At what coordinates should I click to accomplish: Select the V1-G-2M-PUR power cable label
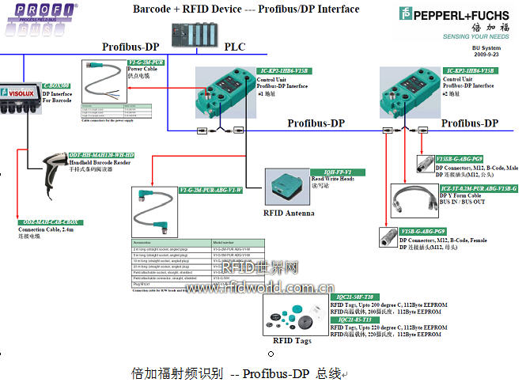(146, 61)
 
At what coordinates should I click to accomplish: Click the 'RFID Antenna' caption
(288, 213)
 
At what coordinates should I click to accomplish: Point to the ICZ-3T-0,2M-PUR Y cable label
(478, 188)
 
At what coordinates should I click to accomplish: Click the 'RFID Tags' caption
(293, 342)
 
